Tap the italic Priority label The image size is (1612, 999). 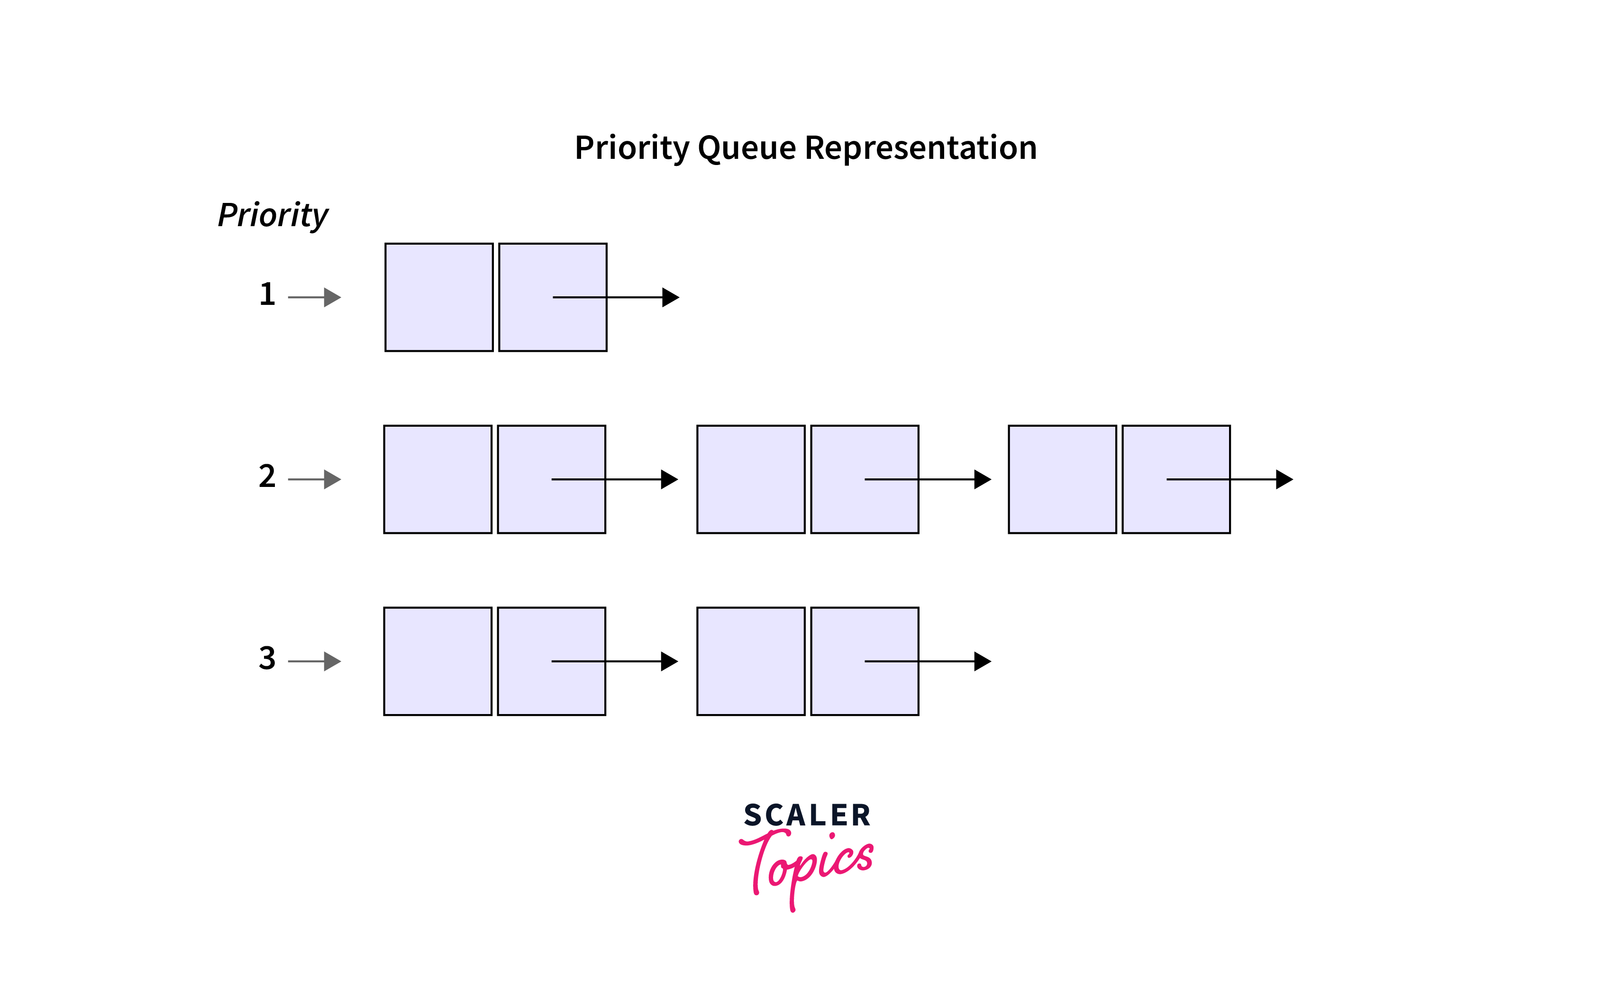coord(273,215)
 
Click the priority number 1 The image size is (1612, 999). coord(267,294)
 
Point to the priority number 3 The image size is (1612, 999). coord(267,658)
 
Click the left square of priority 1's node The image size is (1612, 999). coord(439,297)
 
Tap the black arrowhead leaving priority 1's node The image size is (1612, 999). coord(670,297)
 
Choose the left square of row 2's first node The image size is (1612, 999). coord(438,479)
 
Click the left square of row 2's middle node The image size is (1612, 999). coord(751,479)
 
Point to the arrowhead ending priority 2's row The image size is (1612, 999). coord(1284,479)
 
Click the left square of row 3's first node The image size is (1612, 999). coord(438,661)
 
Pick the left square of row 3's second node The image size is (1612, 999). coord(751,661)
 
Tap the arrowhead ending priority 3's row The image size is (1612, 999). coord(983,661)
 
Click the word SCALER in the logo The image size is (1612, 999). coord(807,816)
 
